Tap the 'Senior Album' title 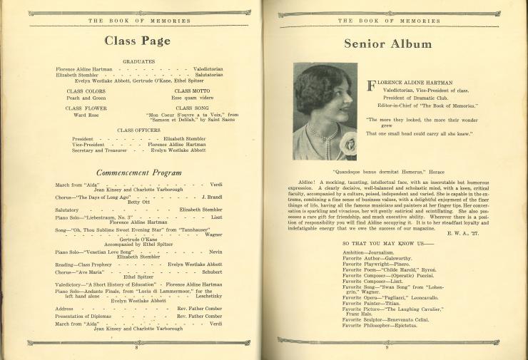click(x=387, y=43)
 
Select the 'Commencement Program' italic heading click(x=139, y=173)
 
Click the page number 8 click(x=136, y=347)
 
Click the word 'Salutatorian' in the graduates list click(x=208, y=75)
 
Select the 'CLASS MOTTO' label click(x=192, y=91)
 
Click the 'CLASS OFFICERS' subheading click(x=138, y=130)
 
